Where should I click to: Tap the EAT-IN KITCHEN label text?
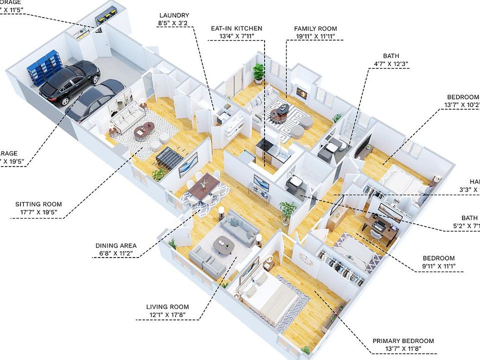pos(237,28)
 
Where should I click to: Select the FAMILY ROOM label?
pos(315,28)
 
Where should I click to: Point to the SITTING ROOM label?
pos(38,204)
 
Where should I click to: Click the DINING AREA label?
pos(116,245)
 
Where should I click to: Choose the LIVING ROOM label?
pos(167,307)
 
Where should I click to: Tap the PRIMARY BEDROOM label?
pos(403,341)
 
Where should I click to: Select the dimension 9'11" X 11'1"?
pos(438,266)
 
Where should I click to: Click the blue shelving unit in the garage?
pos(45,67)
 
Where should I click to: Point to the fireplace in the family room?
pos(301,92)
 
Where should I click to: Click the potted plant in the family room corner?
pos(258,72)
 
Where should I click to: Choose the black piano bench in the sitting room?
pos(170,157)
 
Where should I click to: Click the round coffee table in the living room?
pos(223,244)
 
